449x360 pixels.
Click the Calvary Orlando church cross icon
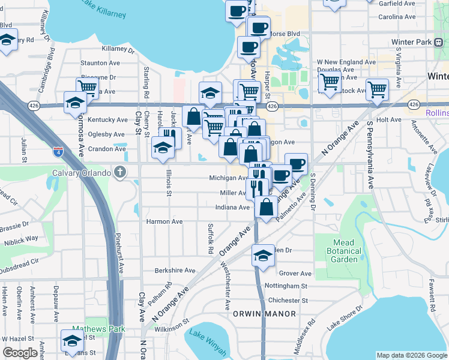coord(121,173)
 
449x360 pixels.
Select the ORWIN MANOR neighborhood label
coord(270,314)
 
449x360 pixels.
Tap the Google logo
coord(20,353)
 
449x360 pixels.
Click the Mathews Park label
coord(90,329)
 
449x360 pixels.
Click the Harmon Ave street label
coord(164,221)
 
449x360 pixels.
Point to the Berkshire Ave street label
coord(175,271)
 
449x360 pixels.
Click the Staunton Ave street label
coord(98,62)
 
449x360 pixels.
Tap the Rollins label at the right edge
coord(436,113)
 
